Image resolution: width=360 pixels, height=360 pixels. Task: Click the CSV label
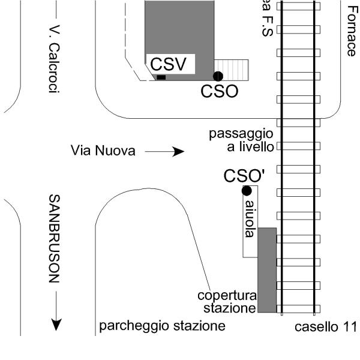tap(169, 64)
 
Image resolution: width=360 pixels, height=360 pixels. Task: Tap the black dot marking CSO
tap(218, 76)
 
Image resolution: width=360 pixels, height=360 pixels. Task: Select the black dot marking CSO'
tap(246, 191)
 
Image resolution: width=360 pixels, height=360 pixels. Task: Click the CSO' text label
tap(244, 176)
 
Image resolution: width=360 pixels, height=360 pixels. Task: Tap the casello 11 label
tap(326, 328)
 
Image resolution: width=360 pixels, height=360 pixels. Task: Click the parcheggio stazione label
tap(162, 327)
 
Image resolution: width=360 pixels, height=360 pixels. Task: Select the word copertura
tap(227, 296)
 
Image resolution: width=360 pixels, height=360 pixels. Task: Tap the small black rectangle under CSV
tap(161, 77)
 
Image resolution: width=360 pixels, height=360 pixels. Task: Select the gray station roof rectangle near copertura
tap(267, 270)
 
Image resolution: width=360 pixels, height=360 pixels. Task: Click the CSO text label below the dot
tap(219, 91)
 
